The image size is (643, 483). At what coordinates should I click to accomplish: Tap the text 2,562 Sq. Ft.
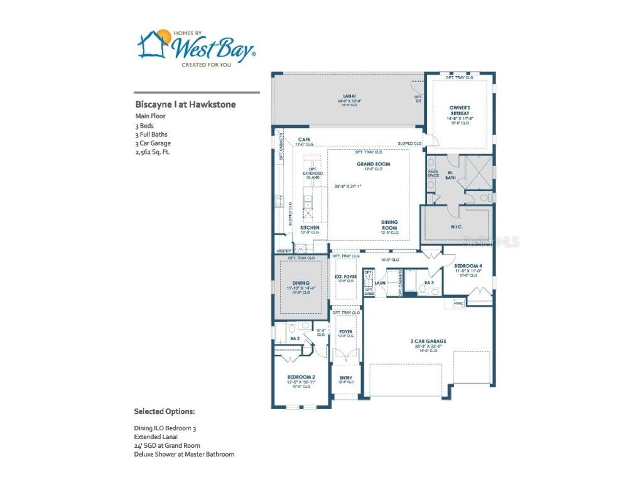(x=153, y=152)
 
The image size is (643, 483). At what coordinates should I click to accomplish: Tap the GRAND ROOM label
(x=374, y=164)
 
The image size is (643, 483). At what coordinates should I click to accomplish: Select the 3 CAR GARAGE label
(x=428, y=341)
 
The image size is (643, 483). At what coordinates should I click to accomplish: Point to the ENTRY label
(x=346, y=378)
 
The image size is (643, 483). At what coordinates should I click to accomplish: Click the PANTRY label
(x=283, y=250)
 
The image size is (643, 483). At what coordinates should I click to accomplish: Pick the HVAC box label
(x=458, y=304)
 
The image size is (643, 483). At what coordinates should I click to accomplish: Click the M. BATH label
(x=450, y=175)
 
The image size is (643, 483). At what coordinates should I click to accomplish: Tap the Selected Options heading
(x=165, y=411)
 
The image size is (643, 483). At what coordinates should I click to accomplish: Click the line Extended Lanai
(x=154, y=436)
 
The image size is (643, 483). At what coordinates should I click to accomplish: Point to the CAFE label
(x=305, y=140)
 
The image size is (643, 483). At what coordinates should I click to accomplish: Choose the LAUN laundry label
(x=380, y=284)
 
